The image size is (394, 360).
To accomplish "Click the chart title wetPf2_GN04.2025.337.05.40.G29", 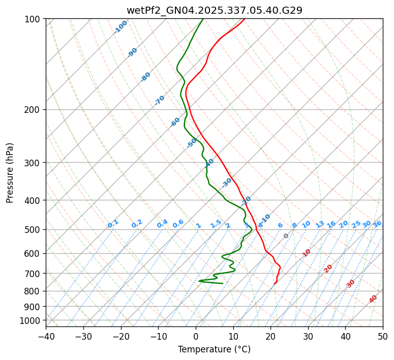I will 214,10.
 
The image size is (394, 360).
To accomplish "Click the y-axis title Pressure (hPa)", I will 10,173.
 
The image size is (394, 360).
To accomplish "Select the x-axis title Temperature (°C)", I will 214,349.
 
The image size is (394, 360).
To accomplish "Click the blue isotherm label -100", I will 120,27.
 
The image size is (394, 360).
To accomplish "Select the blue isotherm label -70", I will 160,100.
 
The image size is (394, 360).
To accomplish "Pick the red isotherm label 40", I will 373,299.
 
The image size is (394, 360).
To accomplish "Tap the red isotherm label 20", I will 328,268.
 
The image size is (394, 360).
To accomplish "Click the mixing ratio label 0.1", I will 113,224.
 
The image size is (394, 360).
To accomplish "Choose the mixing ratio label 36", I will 377,224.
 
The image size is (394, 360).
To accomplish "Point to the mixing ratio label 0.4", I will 162,224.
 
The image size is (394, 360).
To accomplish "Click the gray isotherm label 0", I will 286,236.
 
